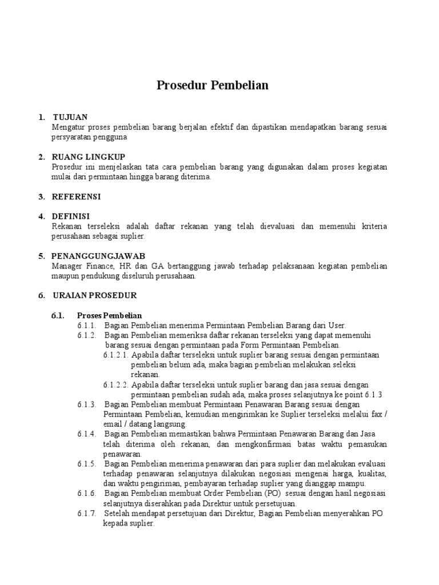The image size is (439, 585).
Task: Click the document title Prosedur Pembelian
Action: [213, 86]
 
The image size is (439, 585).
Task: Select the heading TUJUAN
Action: [70, 117]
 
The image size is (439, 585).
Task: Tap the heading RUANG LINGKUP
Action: [89, 157]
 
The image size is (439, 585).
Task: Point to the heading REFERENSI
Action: [76, 197]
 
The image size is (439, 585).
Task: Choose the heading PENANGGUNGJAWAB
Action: [98, 256]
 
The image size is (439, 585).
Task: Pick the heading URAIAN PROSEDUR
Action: [95, 295]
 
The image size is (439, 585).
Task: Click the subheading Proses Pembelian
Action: [109, 315]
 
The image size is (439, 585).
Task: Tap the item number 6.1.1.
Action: [87, 325]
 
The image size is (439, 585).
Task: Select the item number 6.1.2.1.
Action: [116, 355]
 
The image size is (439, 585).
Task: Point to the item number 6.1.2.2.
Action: [116, 384]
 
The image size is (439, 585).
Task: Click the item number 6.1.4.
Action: [87, 434]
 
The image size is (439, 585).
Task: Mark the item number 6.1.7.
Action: [87, 513]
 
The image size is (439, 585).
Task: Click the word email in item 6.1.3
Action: [113, 424]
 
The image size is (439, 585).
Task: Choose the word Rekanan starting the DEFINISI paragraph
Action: [67, 226]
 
